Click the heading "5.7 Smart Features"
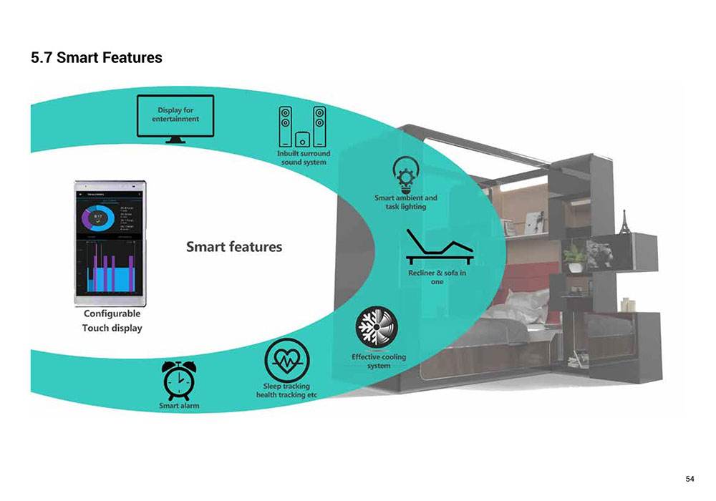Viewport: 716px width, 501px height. (97, 57)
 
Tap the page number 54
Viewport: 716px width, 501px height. (690, 478)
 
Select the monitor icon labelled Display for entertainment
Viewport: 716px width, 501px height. (175, 118)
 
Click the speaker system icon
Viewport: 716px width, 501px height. (302, 127)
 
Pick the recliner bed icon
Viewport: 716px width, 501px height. (437, 247)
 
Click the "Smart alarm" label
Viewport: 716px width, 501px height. (179, 407)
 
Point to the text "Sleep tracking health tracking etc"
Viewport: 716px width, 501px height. (286, 391)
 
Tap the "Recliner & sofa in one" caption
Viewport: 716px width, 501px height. (437, 277)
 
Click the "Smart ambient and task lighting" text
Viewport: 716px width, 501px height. (405, 202)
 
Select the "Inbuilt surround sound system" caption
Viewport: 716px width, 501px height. (303, 157)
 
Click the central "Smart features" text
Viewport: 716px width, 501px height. (234, 247)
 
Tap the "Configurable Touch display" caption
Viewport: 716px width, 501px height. (112, 321)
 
